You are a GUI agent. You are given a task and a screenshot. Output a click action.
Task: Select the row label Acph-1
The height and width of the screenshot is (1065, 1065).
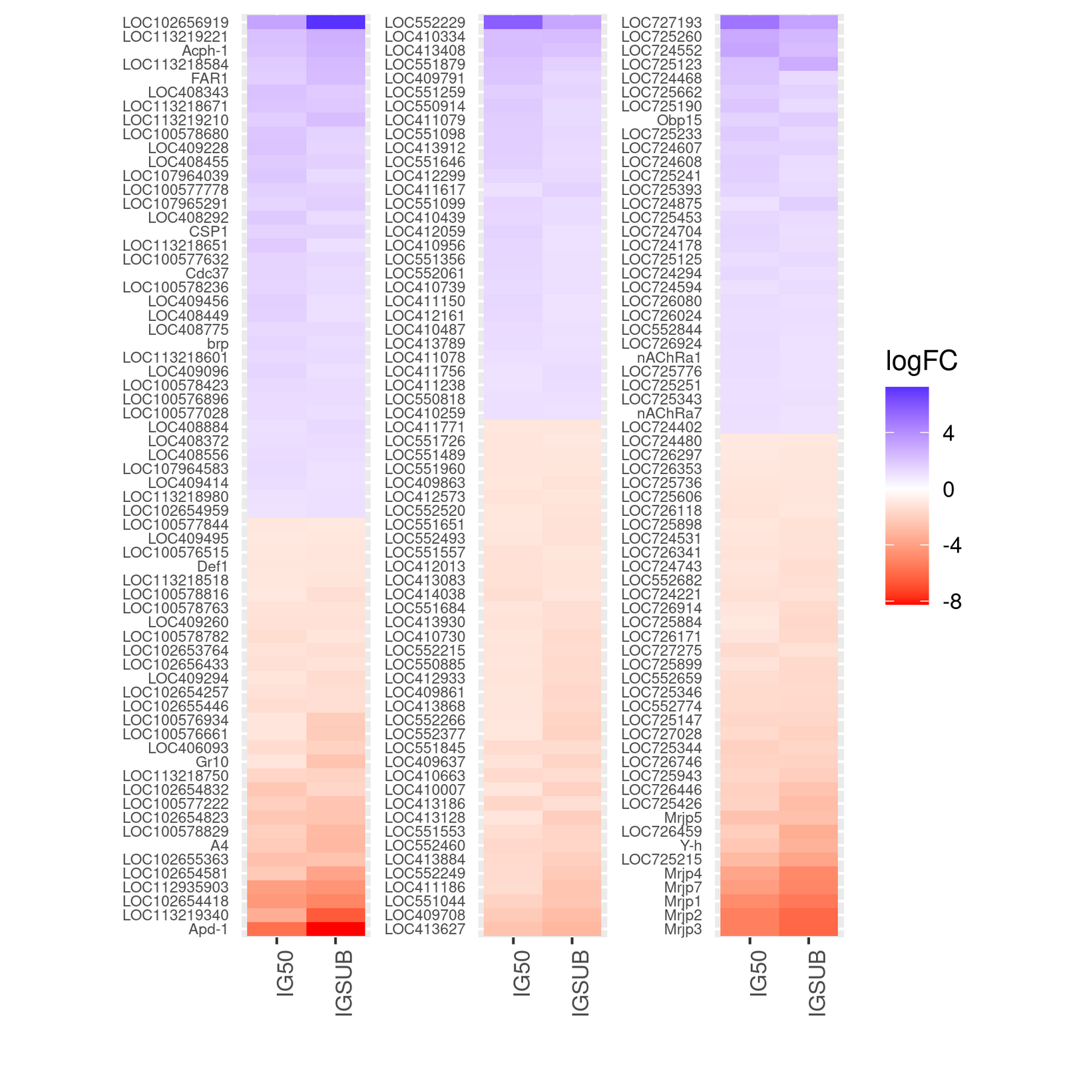pos(205,51)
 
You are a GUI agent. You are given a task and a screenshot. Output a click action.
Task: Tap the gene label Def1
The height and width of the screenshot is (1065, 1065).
pos(213,566)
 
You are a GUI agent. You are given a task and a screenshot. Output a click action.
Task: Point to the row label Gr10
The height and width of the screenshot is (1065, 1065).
pos(212,761)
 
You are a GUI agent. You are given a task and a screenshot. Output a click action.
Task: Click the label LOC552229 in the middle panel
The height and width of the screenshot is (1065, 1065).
pos(425,23)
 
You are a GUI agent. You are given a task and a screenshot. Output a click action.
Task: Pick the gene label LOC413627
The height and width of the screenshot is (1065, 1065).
pos(425,929)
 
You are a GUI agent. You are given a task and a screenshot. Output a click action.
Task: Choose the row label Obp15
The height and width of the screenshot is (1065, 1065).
pos(680,120)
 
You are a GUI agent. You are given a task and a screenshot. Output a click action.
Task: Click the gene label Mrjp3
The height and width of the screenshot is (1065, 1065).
pos(683,929)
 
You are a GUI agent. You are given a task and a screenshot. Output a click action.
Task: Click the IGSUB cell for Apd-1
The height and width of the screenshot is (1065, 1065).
pos(335,929)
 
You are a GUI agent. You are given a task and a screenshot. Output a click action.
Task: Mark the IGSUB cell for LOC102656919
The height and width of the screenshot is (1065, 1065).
pos(335,23)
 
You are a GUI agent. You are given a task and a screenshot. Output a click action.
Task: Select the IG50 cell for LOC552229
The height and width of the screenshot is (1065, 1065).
pos(513,23)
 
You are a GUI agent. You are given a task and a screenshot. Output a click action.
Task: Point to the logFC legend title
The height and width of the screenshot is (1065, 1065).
pos(921,361)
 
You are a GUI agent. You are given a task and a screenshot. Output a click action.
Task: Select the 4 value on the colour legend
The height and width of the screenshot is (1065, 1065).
pos(949,434)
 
